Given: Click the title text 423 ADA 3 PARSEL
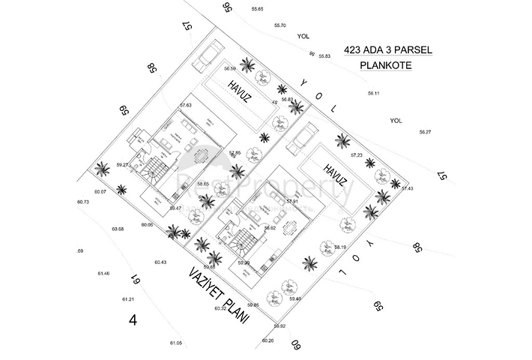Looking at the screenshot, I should (x=387, y=51).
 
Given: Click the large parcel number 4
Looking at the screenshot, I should (x=133, y=319).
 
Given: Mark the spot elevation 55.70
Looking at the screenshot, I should (x=279, y=25).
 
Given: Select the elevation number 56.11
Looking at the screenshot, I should (x=374, y=93).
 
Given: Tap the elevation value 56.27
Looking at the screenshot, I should (x=425, y=132).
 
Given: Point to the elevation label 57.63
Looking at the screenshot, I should (x=186, y=105).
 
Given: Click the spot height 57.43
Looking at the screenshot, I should (x=407, y=188).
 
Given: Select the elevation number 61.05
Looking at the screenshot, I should (x=175, y=342).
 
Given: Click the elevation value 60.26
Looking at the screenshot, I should (x=268, y=340).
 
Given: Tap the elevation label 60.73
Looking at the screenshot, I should (x=82, y=202).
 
